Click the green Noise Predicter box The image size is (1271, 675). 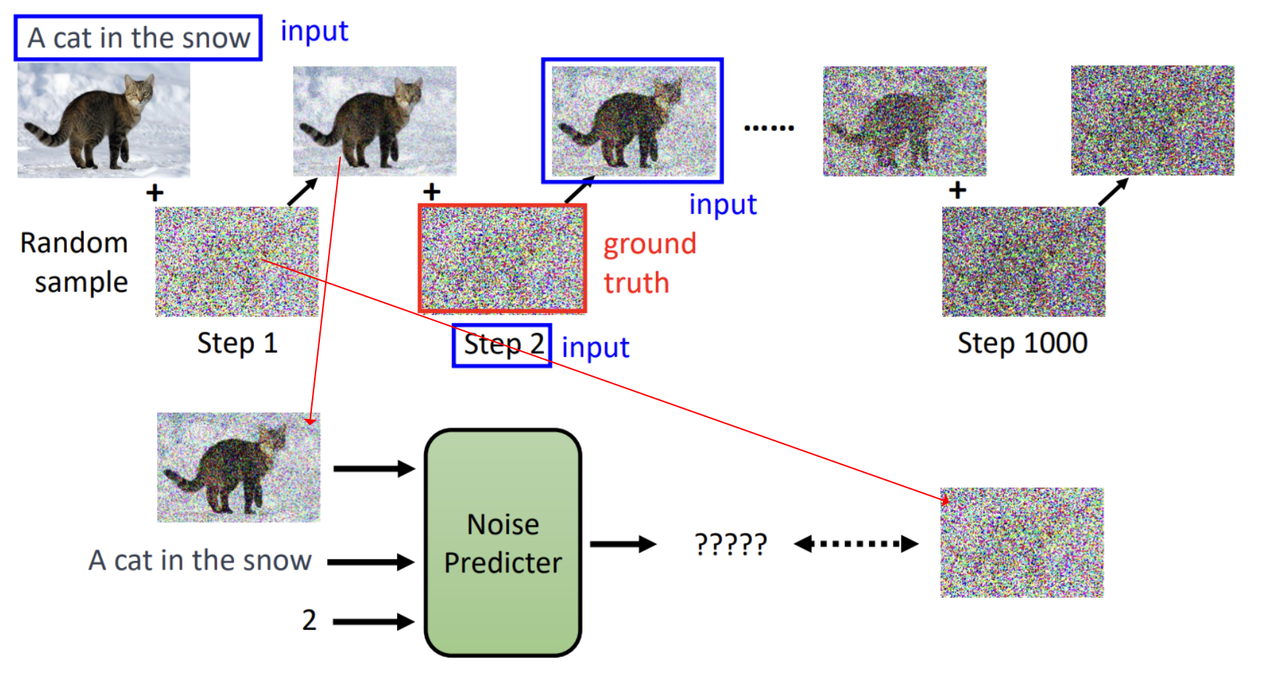503,543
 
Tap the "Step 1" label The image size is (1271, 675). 237,343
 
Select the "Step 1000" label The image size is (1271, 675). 1022,343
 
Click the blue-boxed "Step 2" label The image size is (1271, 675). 502,345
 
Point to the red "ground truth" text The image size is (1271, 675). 650,263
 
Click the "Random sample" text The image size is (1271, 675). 74,262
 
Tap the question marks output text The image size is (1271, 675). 731,544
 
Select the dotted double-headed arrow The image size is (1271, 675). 856,543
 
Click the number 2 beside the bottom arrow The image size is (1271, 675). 309,620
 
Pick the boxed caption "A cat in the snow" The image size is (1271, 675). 138,38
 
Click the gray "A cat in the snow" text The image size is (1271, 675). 200,560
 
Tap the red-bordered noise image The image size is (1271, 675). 502,259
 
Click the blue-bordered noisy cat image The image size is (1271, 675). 633,121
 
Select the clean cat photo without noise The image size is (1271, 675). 104,120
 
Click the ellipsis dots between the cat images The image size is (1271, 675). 769,128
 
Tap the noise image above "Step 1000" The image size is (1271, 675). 1024,262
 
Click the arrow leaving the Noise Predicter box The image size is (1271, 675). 623,543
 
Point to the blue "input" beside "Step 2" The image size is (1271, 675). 596,348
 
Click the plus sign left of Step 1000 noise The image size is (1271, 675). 958,191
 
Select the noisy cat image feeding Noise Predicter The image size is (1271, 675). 238,468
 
